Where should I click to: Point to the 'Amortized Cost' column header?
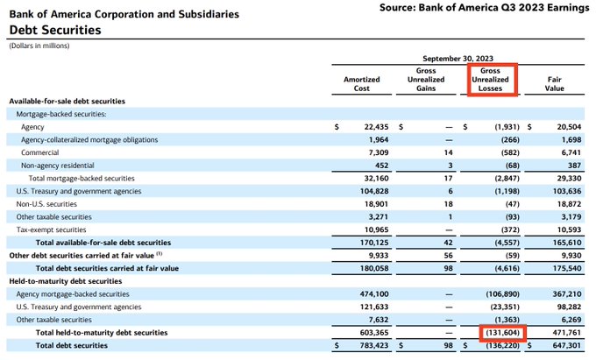[x=361, y=84]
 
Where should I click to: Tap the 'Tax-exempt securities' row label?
[x=54, y=229]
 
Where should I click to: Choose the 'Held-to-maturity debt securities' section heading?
[x=66, y=281]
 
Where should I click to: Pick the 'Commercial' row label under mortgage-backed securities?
[x=41, y=152]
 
